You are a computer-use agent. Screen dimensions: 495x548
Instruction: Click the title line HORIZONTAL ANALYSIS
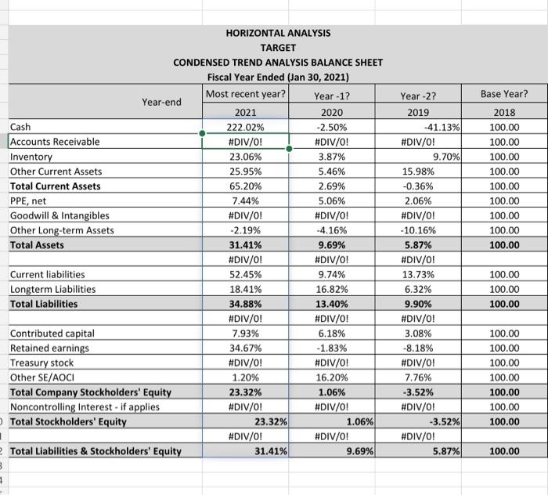(x=278, y=33)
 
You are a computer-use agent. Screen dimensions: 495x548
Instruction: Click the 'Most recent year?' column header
(x=246, y=95)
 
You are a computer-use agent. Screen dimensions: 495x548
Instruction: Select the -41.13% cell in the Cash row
(x=442, y=127)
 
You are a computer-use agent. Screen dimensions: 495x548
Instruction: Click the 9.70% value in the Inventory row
(x=448, y=157)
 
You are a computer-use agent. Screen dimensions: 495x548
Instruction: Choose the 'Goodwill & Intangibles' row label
(x=59, y=215)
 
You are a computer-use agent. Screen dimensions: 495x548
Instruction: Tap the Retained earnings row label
(x=49, y=348)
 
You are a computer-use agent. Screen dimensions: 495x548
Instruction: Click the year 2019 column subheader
(x=419, y=112)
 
